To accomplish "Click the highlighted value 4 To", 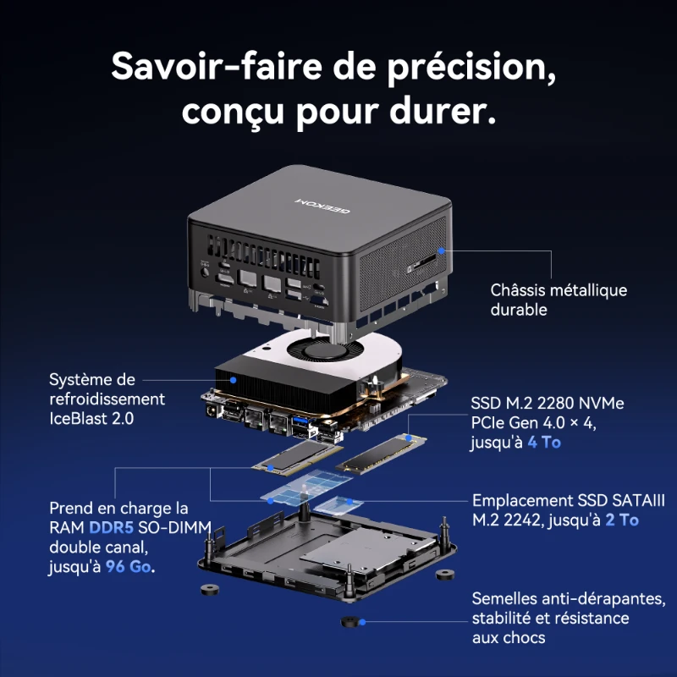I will click(x=543, y=442).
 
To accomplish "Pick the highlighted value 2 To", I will click(x=622, y=520).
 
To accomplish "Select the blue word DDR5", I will click(x=109, y=527).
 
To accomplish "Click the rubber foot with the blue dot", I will click(x=351, y=623).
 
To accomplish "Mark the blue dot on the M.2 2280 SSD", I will click(x=409, y=438).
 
